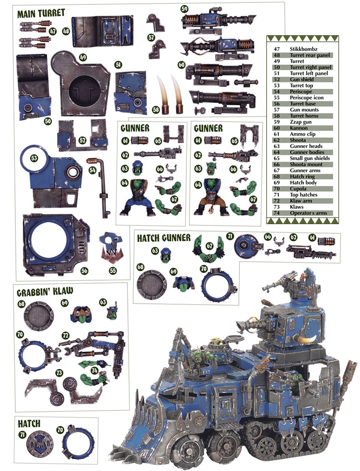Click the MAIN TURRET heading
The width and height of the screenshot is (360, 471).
pos(41,13)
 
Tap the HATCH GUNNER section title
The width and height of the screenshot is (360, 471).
pos(164,238)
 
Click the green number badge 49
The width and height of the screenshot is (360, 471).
pos(83,57)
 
